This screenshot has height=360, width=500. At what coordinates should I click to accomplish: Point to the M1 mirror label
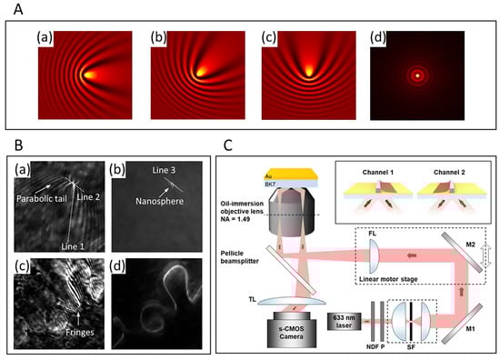(x=470, y=324)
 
